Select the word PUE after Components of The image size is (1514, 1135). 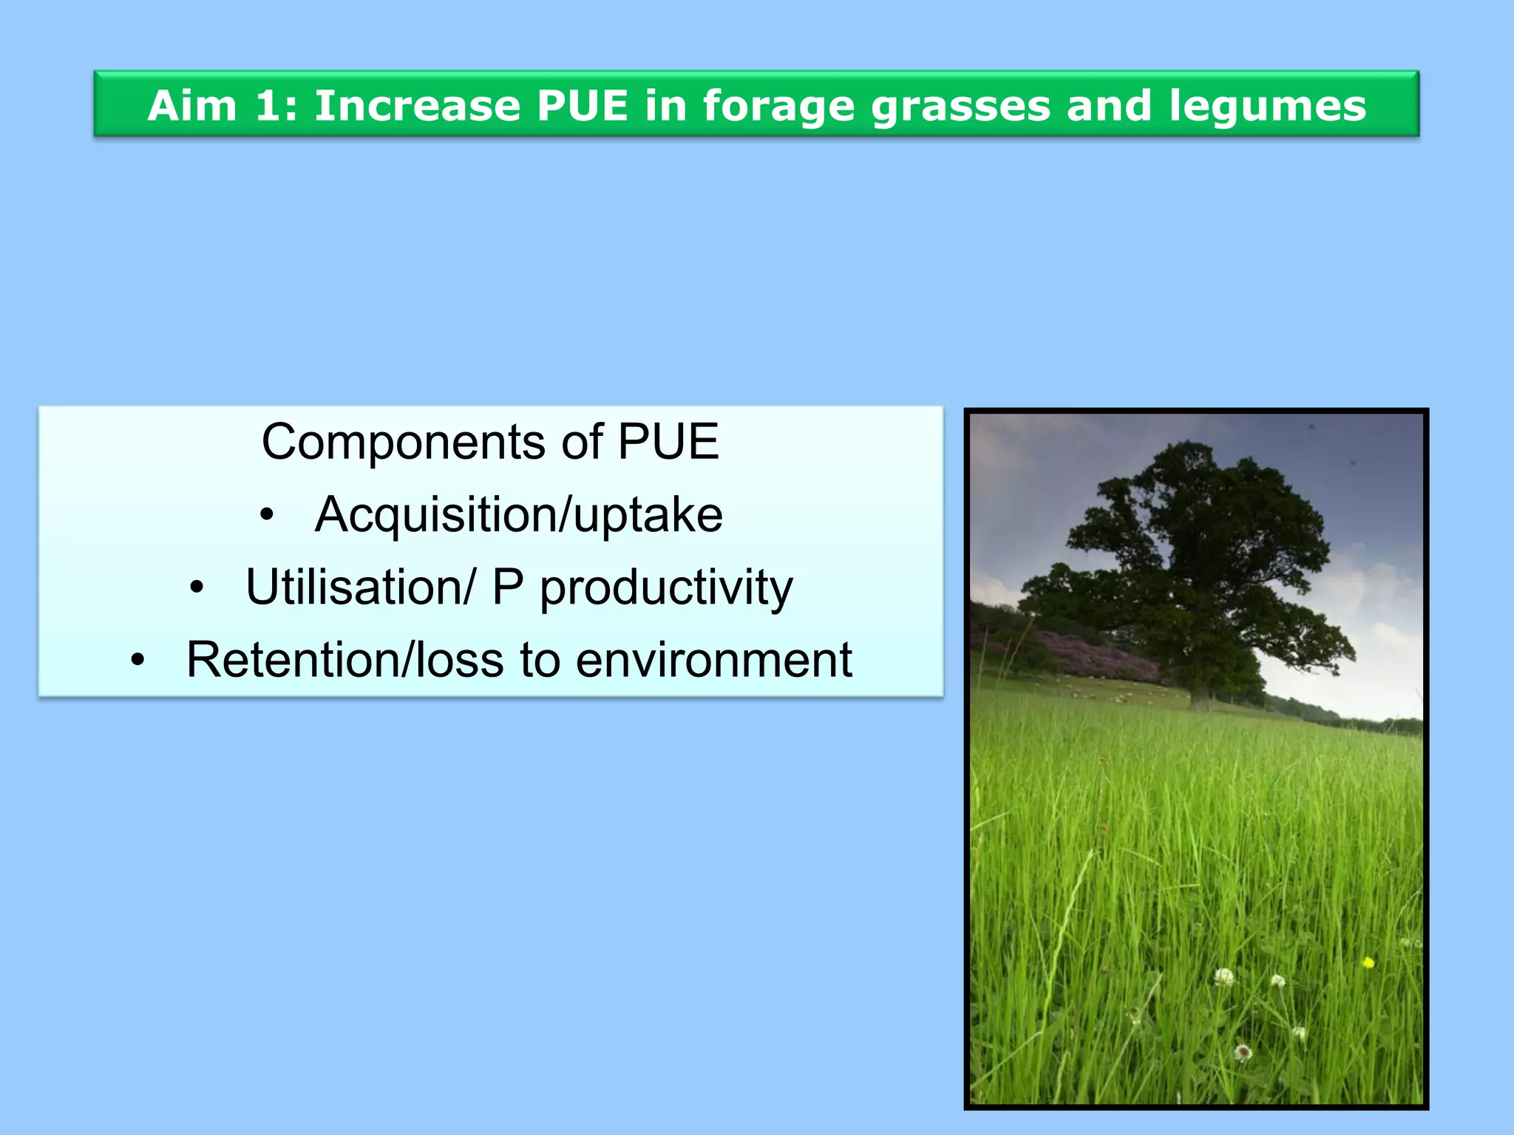point(668,442)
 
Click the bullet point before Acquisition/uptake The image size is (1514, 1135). point(267,514)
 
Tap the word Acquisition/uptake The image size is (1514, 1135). point(519,514)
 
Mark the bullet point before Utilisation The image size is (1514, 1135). point(196,587)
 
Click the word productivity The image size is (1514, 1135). point(666,587)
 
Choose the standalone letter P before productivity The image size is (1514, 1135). point(507,587)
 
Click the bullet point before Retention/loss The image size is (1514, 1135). point(138,660)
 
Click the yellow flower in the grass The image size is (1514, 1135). point(1368,962)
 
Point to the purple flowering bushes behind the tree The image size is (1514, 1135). point(1094,653)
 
